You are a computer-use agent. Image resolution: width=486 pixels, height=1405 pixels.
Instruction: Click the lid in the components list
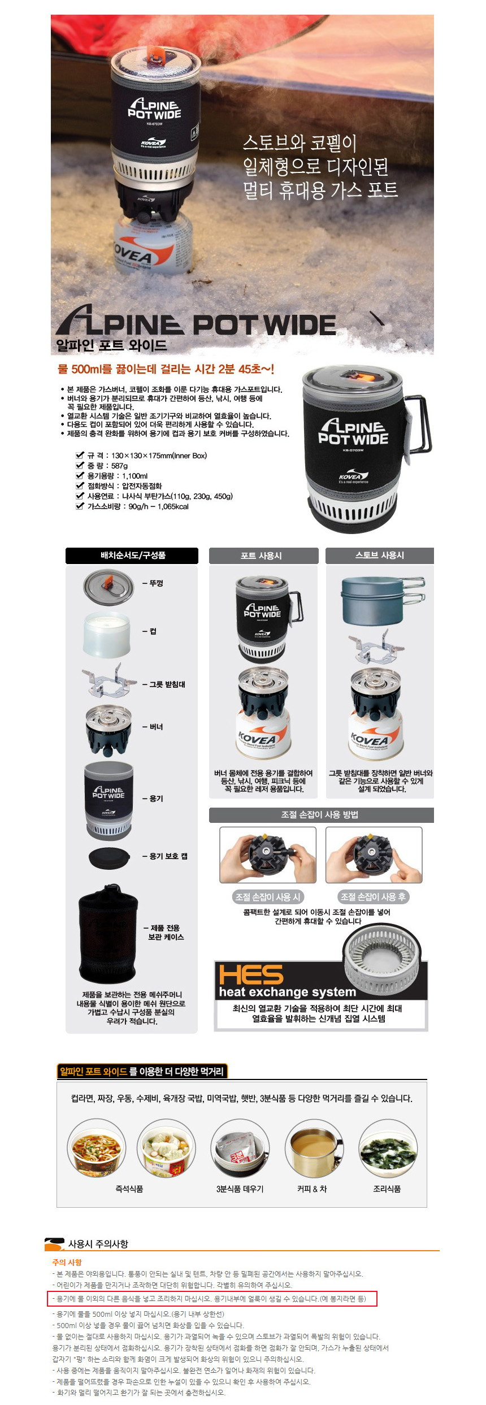[109, 586]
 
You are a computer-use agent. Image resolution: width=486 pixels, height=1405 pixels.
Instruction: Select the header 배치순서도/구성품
[132, 556]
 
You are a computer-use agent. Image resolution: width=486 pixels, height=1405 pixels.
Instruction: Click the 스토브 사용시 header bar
[379, 556]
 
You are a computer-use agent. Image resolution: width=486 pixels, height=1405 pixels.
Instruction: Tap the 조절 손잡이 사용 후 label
[373, 897]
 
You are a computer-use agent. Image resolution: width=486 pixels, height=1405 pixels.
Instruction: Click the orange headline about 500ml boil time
[166, 369]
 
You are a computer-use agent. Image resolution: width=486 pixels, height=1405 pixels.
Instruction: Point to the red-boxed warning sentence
[211, 1298]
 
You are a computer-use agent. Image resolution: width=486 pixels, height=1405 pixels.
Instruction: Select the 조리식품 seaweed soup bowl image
[388, 1148]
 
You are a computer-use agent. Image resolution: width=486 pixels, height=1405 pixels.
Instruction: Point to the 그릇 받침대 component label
[167, 684]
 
